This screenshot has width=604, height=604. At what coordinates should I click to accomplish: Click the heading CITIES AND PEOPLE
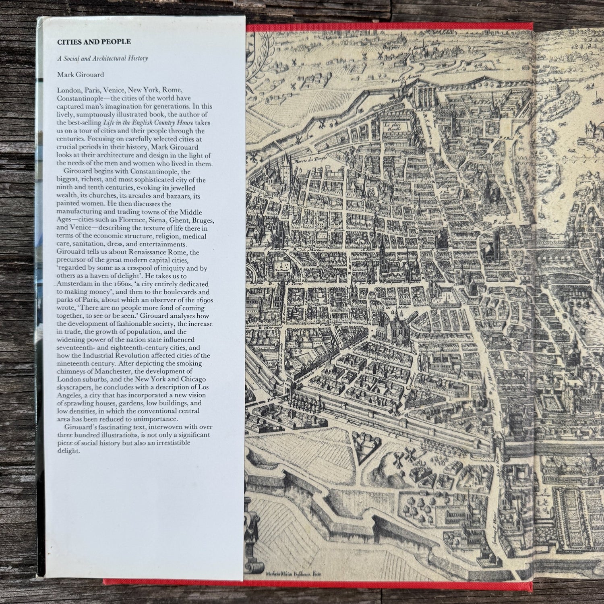pos(83,41)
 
